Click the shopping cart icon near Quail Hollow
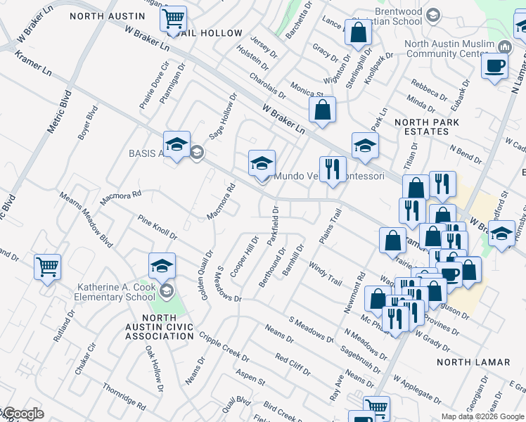(x=173, y=18)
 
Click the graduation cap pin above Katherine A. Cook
(x=162, y=265)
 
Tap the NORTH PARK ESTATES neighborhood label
(x=427, y=127)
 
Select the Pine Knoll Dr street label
(x=158, y=226)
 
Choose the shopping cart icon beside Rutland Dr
(x=47, y=267)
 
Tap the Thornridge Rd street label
(x=123, y=396)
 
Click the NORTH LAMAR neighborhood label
(x=473, y=362)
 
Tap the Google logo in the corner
(x=23, y=414)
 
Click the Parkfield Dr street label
(x=274, y=225)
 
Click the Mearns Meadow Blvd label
(x=86, y=219)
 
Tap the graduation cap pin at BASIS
(x=177, y=144)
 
